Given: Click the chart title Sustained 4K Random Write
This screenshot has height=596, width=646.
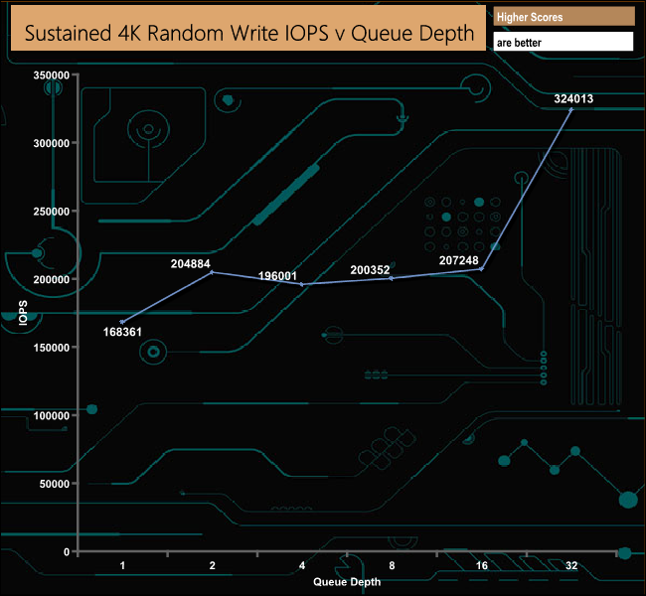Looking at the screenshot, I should pyautogui.click(x=248, y=34).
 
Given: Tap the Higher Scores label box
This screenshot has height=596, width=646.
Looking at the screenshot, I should pyautogui.click(x=563, y=17).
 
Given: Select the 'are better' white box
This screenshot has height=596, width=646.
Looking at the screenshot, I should pyautogui.click(x=563, y=43).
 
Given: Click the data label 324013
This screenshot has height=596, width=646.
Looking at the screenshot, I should pyautogui.click(x=573, y=98).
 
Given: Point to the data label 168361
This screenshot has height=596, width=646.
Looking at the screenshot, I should pyautogui.click(x=124, y=333).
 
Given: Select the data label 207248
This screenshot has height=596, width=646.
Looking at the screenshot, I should pyautogui.click(x=459, y=260).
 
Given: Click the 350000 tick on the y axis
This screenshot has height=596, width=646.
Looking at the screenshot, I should pyautogui.click(x=50, y=74).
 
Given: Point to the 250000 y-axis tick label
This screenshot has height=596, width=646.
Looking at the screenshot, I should pyautogui.click(x=50, y=212).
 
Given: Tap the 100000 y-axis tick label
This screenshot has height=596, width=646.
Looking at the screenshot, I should pyautogui.click(x=50, y=415).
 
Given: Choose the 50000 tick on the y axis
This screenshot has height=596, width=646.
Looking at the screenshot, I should pyautogui.click(x=53, y=484).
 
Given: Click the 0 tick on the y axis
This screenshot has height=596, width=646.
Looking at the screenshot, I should pyautogui.click(x=67, y=551).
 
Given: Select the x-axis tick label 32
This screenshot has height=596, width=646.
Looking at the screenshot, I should pyautogui.click(x=571, y=565).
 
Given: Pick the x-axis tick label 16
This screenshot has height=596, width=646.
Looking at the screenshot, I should pyautogui.click(x=481, y=565).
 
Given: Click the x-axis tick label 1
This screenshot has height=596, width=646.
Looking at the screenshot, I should pyautogui.click(x=122, y=565).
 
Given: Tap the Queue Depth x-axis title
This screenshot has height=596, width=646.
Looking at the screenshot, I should pyautogui.click(x=346, y=580).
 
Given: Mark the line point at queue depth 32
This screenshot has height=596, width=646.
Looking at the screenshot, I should pyautogui.click(x=571, y=109).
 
